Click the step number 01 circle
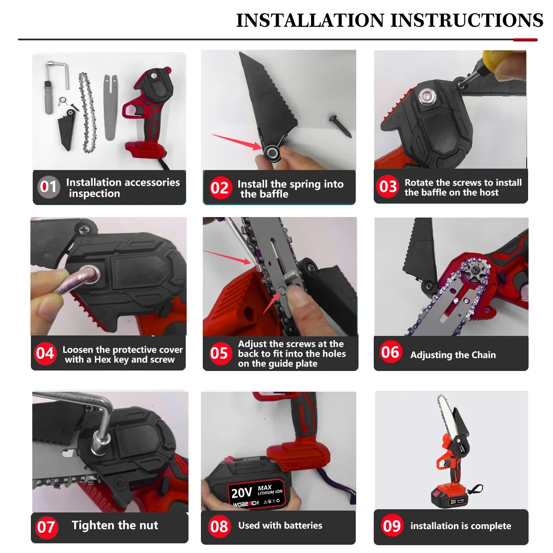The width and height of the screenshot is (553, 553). tap(48, 187)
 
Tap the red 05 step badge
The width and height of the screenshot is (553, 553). tap(219, 353)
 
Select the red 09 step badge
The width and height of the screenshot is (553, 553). tap(392, 525)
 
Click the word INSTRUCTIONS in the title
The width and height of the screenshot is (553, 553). tap(467, 20)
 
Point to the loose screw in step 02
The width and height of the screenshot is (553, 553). tap(341, 126)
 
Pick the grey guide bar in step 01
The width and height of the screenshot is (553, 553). tap(111, 107)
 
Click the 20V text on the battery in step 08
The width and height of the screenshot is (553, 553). tap(241, 493)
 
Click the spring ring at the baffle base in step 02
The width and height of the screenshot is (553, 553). tap(271, 152)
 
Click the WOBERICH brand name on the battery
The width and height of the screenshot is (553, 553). tap(246, 504)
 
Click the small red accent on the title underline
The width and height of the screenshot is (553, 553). tap(525, 40)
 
